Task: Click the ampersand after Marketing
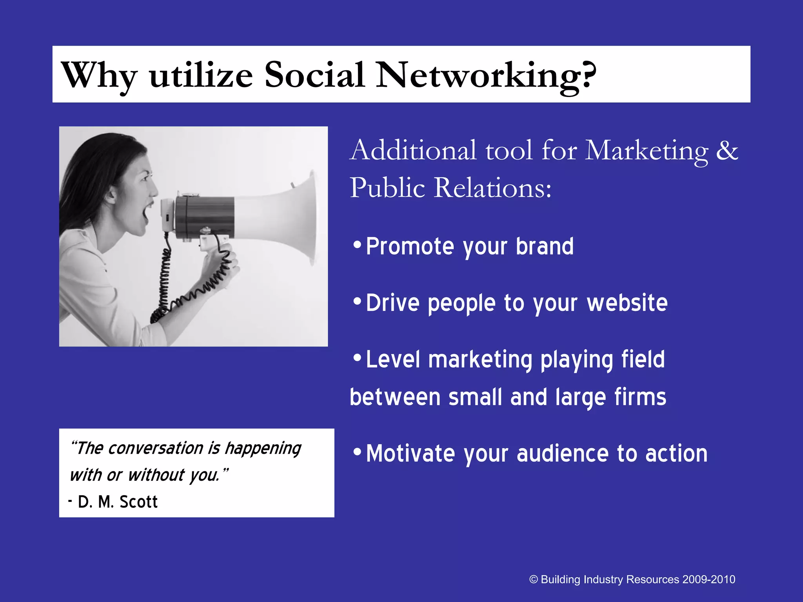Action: [x=727, y=151]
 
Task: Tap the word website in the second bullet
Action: [x=627, y=303]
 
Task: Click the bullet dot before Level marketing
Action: [x=357, y=358]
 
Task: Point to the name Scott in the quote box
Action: [x=138, y=502]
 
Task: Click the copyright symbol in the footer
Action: [x=533, y=580]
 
